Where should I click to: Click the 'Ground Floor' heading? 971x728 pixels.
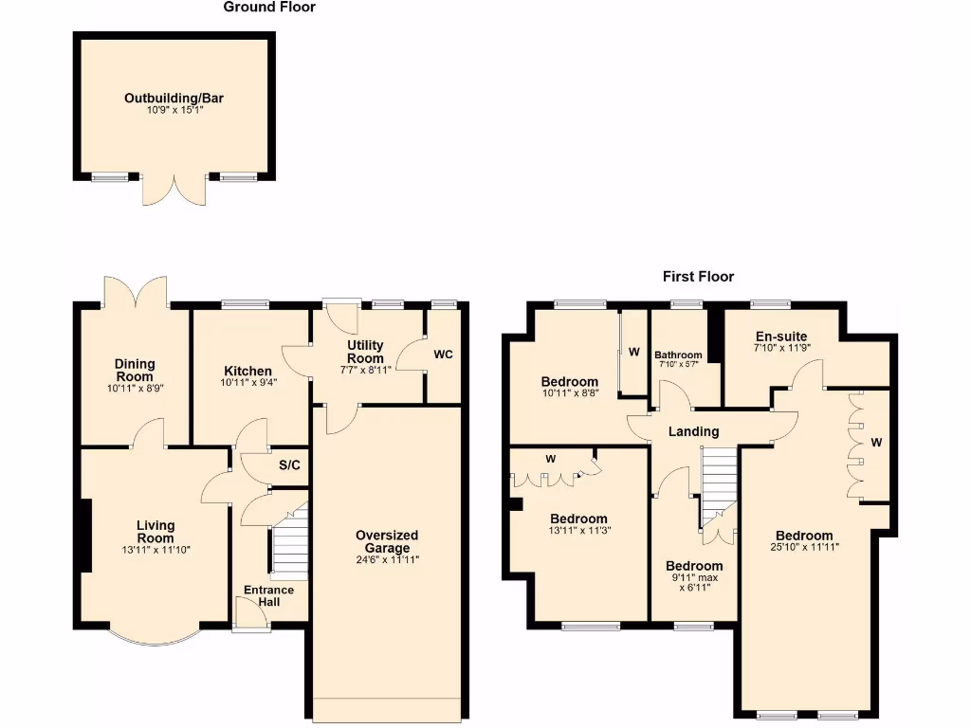coord(269,8)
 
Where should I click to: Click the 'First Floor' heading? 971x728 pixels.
coord(698,277)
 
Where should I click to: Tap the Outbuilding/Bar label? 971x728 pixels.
coord(174,98)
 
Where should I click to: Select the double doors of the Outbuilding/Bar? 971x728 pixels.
coord(174,190)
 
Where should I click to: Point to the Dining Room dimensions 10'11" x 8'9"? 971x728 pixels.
coord(134,388)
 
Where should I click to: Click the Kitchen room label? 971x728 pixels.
coord(248,371)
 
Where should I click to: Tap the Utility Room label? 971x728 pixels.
coord(365,352)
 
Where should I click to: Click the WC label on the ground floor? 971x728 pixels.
coord(443,355)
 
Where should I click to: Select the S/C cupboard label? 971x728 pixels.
coord(289,465)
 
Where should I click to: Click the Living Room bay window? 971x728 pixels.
coord(153,638)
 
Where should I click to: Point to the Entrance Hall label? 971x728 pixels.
coord(269,596)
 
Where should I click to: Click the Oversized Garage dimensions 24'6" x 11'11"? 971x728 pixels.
coord(387,560)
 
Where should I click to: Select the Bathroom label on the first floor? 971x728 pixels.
coord(678,355)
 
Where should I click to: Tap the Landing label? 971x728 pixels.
coord(693,431)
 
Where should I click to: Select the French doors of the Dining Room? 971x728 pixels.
coord(135,292)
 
